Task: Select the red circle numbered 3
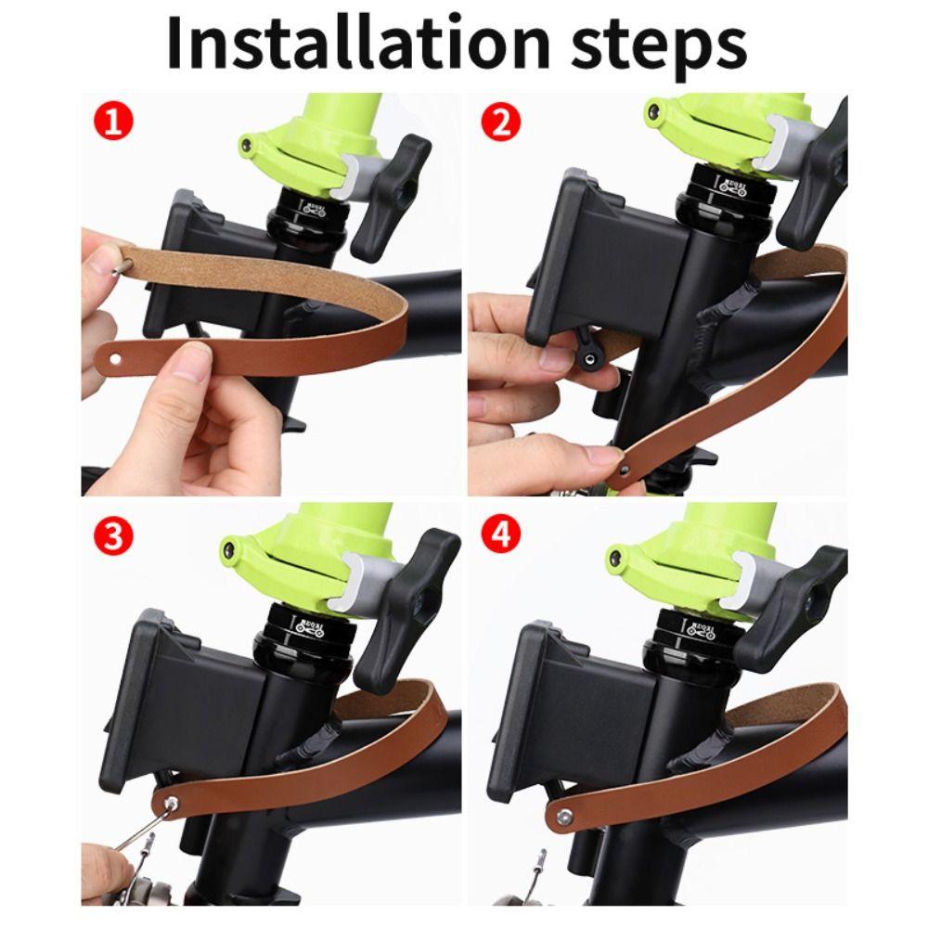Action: (112, 537)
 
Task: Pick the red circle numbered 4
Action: (501, 537)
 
